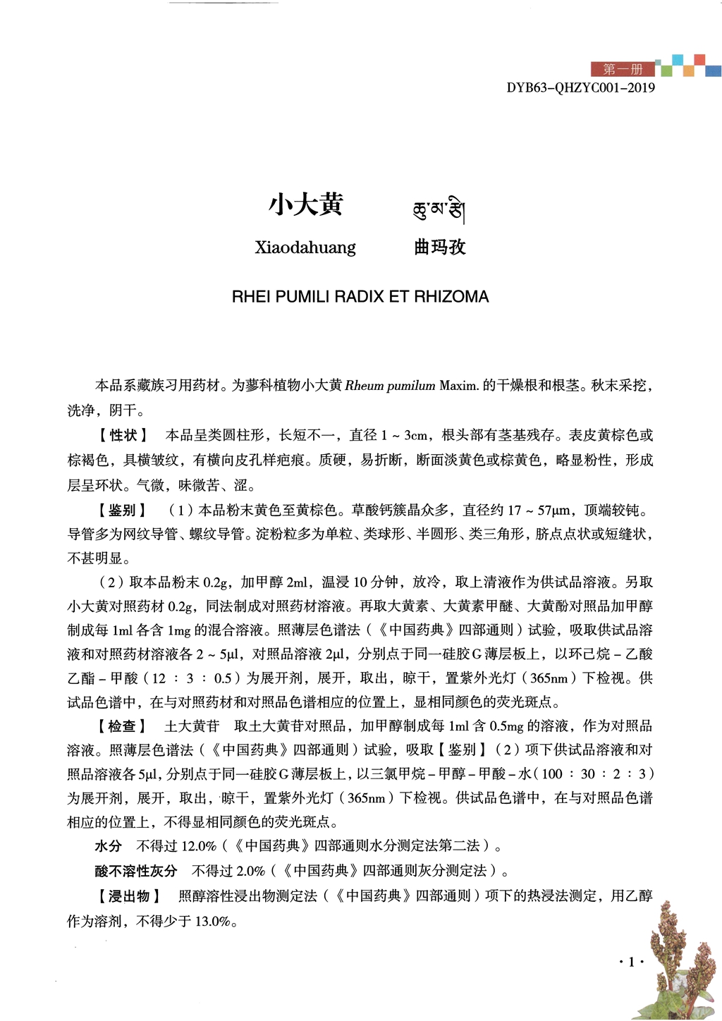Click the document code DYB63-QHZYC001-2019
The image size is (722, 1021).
[x=580, y=88]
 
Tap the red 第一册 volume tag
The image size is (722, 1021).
[x=623, y=69]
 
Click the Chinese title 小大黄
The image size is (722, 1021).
[x=305, y=205]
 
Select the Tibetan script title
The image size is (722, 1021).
[x=439, y=209]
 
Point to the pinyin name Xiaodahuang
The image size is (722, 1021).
[x=305, y=247]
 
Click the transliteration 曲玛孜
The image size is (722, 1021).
[x=440, y=247]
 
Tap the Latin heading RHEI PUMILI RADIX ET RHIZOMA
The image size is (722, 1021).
[x=360, y=297]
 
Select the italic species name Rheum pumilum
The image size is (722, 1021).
[x=390, y=386]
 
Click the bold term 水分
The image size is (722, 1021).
[x=109, y=846]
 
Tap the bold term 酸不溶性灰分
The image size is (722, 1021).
[x=136, y=871]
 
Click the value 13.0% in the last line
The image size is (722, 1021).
[x=212, y=921]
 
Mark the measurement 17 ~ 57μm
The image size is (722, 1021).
[x=539, y=510]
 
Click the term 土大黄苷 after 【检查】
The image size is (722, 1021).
[x=192, y=726]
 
